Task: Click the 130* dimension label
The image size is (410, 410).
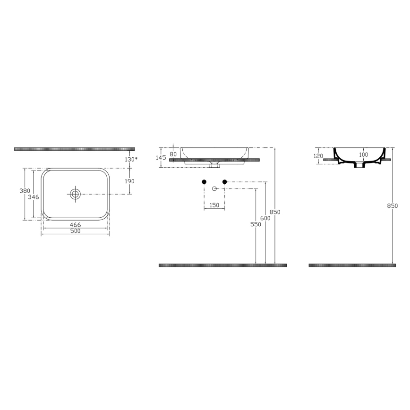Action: tap(131, 159)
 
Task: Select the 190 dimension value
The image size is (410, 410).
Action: tap(129, 181)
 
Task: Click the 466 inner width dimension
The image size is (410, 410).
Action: tap(75, 226)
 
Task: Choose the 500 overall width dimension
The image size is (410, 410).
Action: tap(75, 231)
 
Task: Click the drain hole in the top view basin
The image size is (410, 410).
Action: tap(75, 193)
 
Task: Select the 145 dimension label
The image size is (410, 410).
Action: tap(162, 158)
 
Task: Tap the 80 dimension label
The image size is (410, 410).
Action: tap(173, 154)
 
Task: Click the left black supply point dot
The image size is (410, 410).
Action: tap(204, 181)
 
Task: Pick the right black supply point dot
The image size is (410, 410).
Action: tap(225, 181)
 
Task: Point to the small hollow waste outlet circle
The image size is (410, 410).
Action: tap(214, 188)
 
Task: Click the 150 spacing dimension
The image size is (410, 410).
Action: tap(214, 205)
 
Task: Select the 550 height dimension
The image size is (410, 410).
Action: tap(256, 225)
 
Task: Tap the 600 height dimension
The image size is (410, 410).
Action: tap(265, 218)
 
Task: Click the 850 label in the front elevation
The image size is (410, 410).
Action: tap(275, 212)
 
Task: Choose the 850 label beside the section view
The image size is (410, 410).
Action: tap(393, 206)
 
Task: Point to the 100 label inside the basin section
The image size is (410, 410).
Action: tap(363, 154)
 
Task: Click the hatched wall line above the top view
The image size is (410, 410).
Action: tap(74, 149)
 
